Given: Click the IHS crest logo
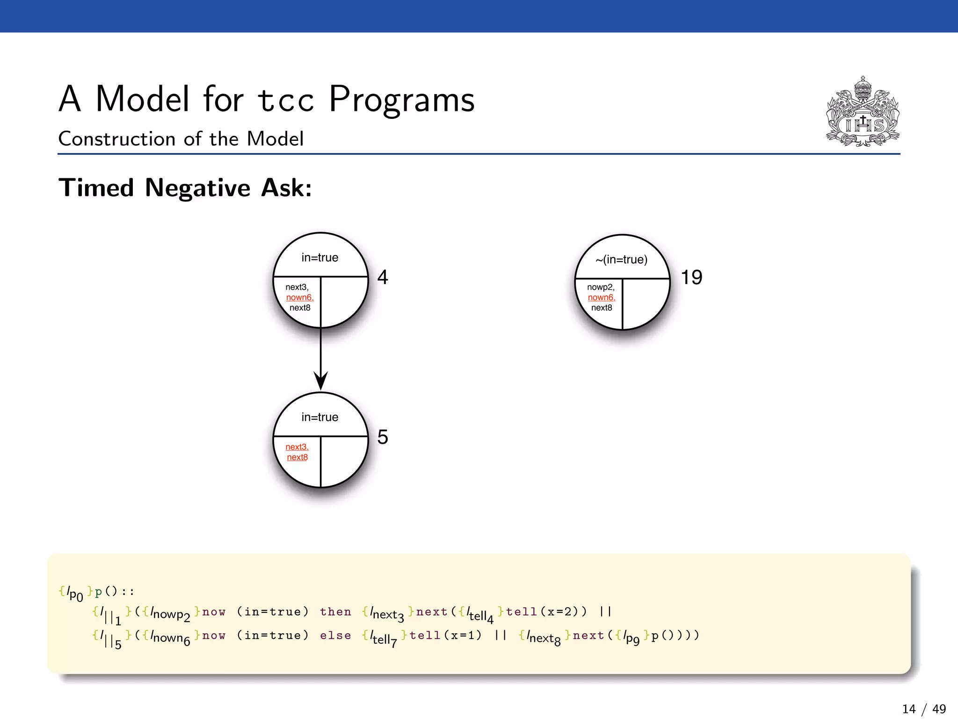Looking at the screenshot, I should [x=863, y=112].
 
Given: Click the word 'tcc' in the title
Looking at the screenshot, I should [x=286, y=100].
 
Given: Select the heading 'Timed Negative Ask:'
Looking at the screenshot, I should [x=185, y=188].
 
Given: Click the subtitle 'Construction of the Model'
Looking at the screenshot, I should [x=181, y=139].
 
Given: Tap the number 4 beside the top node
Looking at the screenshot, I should [x=383, y=277].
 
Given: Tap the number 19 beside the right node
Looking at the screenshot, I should [x=691, y=277].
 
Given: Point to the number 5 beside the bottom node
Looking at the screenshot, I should [x=383, y=437].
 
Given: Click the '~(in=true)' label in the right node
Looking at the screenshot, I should [x=622, y=259].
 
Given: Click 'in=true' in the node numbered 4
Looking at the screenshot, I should [x=320, y=257].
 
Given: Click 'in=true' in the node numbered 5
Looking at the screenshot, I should [x=320, y=417].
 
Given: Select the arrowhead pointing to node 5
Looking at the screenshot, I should [x=320, y=381].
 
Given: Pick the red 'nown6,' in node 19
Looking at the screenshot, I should [x=602, y=297].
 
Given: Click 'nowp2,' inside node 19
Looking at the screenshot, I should [x=601, y=287].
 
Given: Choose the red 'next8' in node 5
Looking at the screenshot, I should [x=298, y=457].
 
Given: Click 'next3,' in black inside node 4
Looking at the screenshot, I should [x=297, y=287].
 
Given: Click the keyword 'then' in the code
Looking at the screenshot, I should [x=335, y=612].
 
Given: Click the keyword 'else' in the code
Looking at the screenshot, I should [x=335, y=636].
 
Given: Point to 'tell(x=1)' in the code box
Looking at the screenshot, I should [x=446, y=636].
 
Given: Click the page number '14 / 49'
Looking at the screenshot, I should [x=924, y=709].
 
